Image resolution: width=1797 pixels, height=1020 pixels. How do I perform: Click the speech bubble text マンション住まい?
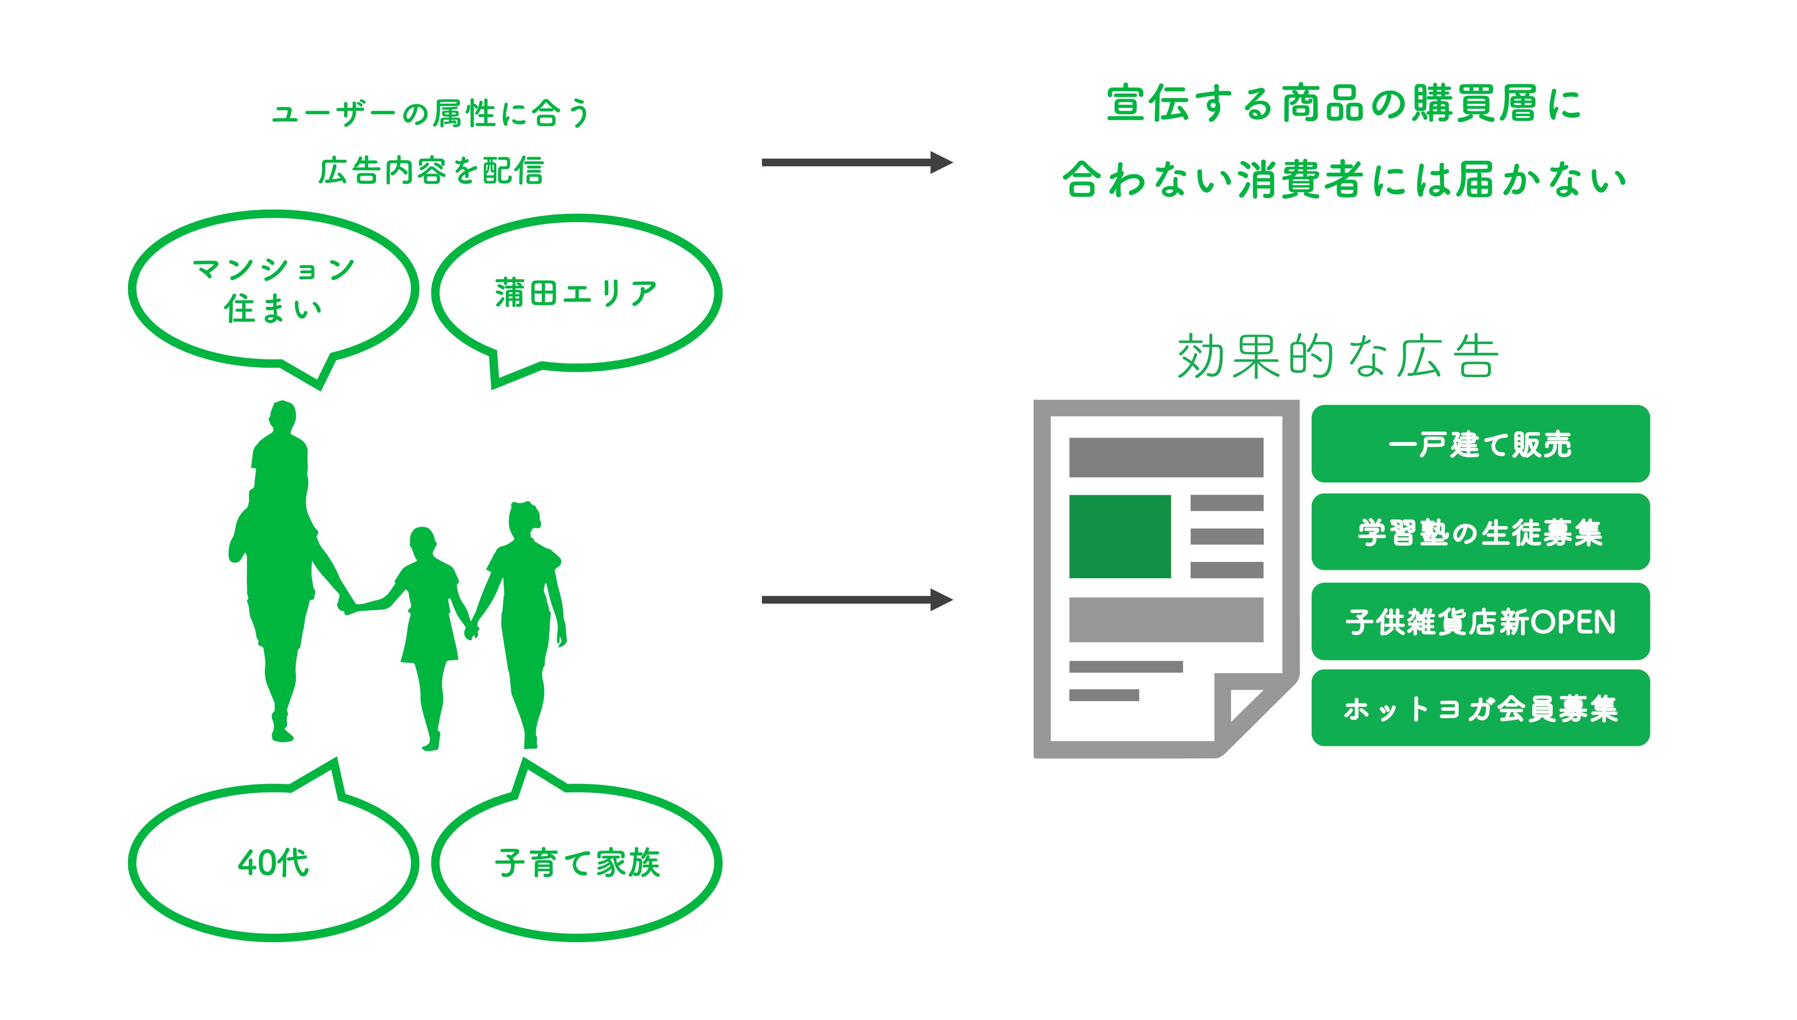coord(273,288)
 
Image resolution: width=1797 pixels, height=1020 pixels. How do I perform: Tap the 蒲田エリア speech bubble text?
coord(576,293)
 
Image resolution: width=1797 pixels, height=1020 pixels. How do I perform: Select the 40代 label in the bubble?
coord(273,862)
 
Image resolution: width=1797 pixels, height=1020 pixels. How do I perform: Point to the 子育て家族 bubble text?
coord(577,862)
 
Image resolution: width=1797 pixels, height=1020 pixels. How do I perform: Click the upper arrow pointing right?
coord(856,163)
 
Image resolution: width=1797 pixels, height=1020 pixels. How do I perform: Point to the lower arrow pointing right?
coord(856,600)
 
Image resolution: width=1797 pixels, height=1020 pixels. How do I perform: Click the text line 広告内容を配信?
coord(431,171)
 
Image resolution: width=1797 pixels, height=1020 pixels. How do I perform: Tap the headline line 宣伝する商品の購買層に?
coord(1344,104)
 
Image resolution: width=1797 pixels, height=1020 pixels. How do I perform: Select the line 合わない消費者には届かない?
coord(1344,179)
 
